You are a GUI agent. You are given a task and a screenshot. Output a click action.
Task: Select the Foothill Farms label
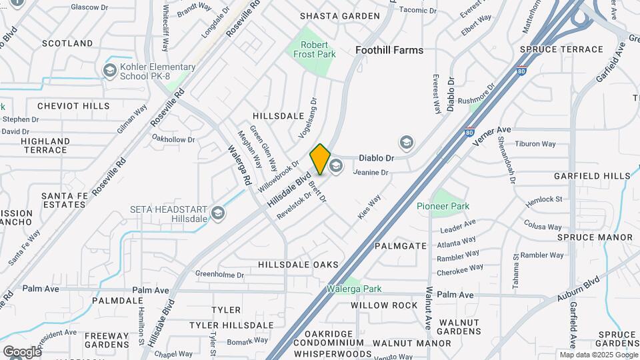(x=389, y=50)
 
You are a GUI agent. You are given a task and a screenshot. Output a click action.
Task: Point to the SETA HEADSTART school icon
(x=217, y=213)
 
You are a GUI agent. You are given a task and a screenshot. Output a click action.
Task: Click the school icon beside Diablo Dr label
(x=406, y=143)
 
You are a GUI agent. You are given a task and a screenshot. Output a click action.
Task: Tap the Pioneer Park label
(x=443, y=207)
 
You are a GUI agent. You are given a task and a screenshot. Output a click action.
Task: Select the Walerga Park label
(x=354, y=289)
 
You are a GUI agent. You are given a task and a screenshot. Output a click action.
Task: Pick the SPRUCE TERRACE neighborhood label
(x=561, y=50)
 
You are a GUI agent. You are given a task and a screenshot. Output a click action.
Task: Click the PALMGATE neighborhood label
(x=400, y=246)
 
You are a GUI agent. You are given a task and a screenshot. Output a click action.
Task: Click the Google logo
(x=22, y=351)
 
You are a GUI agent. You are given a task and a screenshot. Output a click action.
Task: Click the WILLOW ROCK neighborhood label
(x=384, y=306)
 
